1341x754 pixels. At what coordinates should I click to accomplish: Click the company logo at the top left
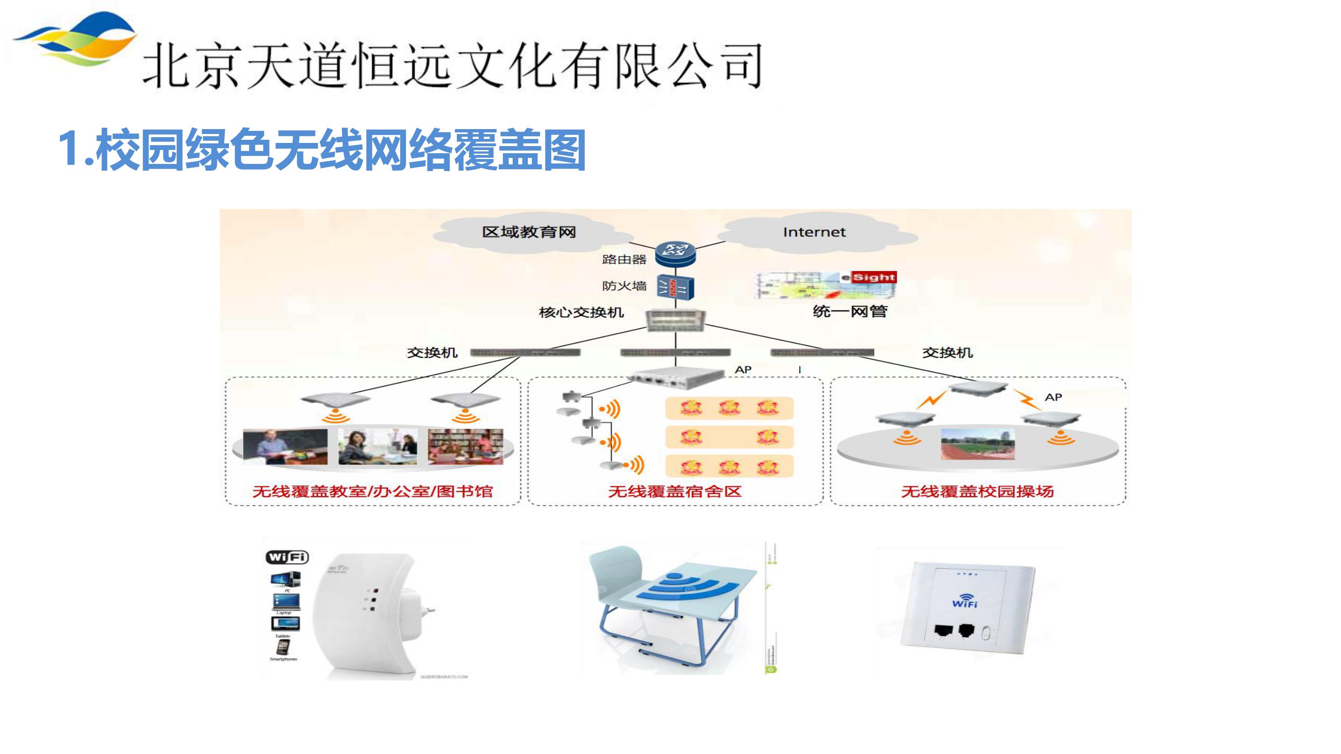[76, 39]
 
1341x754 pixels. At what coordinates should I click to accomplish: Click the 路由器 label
[624, 259]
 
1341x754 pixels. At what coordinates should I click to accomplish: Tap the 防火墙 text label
[624, 286]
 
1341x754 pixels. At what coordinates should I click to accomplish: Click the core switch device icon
[675, 319]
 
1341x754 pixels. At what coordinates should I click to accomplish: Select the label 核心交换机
[581, 312]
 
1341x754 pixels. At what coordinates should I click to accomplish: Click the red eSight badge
[873, 277]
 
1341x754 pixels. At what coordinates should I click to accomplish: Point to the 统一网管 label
[850, 311]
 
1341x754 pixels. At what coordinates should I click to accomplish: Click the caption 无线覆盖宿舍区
[675, 491]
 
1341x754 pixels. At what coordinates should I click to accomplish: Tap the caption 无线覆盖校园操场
[977, 491]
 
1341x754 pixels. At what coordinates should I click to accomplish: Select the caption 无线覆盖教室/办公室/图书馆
[372, 491]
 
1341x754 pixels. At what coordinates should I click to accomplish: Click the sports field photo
[978, 444]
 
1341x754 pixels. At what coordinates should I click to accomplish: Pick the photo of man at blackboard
[285, 447]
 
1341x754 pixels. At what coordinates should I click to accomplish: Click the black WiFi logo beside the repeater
[287, 557]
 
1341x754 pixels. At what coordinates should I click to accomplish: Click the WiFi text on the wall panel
[965, 603]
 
